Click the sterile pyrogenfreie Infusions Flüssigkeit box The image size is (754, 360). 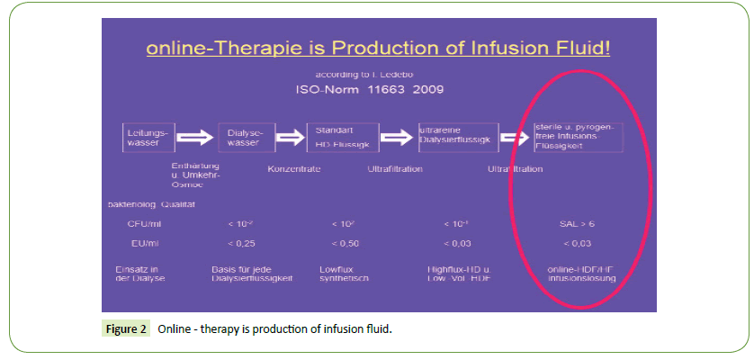(x=576, y=137)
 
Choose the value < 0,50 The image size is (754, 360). (x=345, y=243)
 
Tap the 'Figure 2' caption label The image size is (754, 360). (x=126, y=329)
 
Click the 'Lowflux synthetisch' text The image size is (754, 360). (x=345, y=274)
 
